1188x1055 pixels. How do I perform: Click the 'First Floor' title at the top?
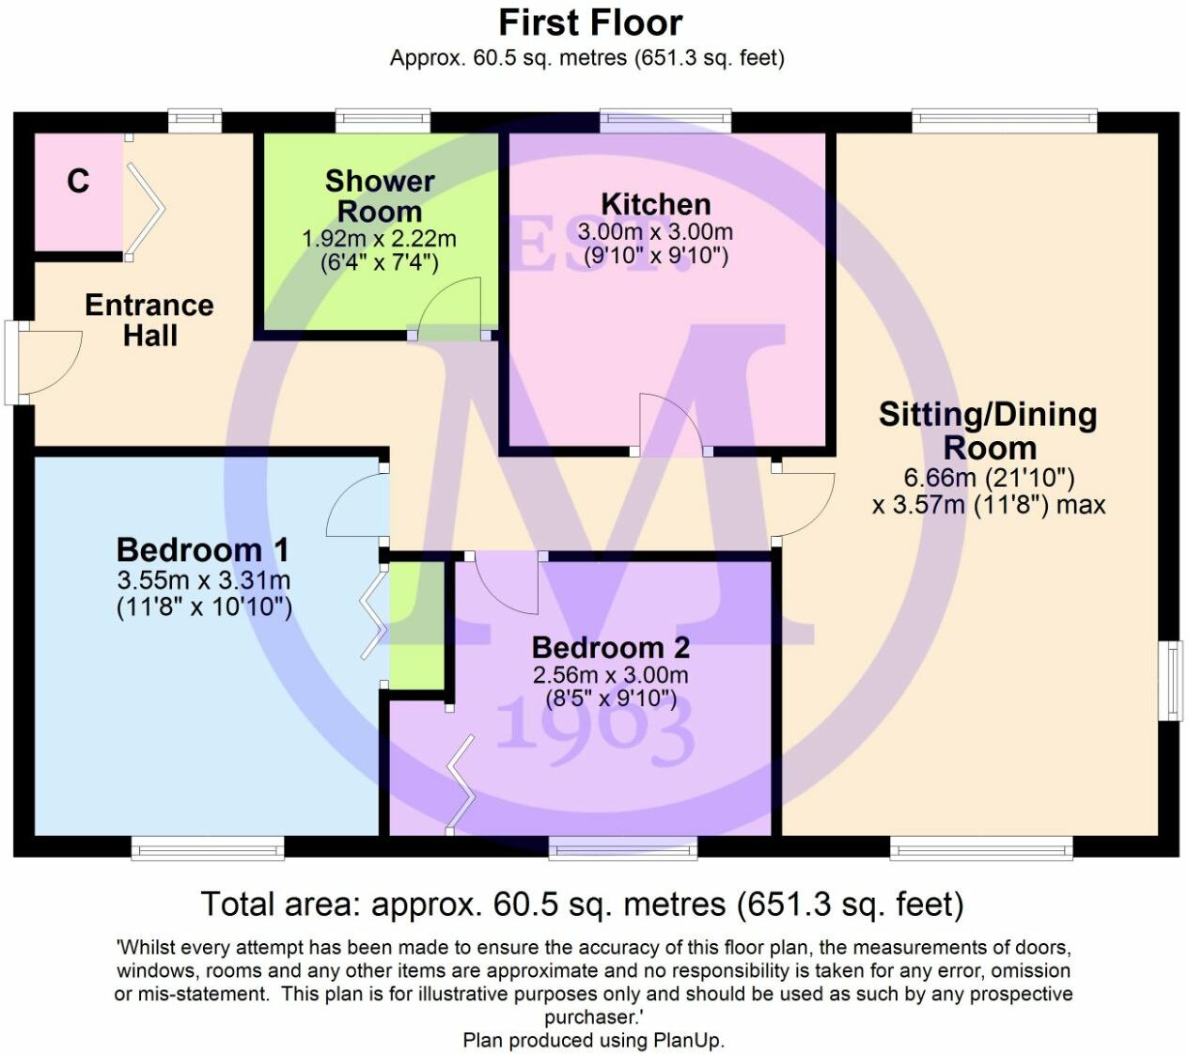[x=590, y=22]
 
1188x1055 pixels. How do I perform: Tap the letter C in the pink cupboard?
[x=78, y=181]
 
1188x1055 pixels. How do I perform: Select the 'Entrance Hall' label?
[x=149, y=320]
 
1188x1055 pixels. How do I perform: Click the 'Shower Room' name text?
[x=380, y=196]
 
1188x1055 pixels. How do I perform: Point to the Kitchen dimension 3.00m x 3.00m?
[x=655, y=231]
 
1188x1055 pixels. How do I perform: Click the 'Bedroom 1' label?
[x=202, y=549]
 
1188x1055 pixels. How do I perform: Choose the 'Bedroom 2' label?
[x=610, y=647]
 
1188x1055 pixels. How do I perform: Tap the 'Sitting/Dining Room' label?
[x=988, y=431]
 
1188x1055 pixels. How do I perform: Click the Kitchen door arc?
[x=670, y=423]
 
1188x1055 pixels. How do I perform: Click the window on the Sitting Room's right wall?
[x=1170, y=681]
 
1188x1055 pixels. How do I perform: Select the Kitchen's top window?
[x=665, y=120]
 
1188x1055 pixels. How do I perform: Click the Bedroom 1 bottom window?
[x=208, y=849]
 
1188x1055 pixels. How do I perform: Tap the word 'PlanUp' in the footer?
[x=691, y=1040]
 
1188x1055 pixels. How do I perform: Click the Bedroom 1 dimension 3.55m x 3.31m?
[x=203, y=580]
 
